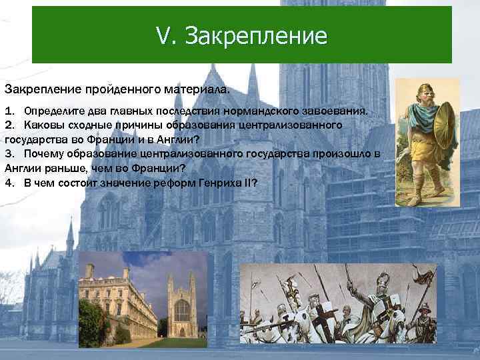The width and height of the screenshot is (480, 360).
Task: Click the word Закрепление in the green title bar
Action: click(257, 36)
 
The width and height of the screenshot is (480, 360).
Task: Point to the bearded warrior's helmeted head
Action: click(418, 93)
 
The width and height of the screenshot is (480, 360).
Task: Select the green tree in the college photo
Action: click(163, 326)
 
